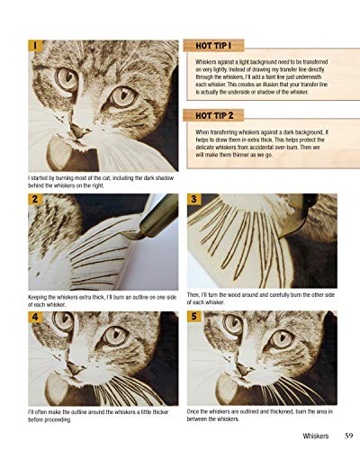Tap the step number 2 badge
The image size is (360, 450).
coord(34,199)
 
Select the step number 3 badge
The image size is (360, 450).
coord(195,199)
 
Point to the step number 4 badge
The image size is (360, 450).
coord(34,317)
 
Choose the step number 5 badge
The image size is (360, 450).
coord(195,317)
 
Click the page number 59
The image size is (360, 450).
coord(337,437)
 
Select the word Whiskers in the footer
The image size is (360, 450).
coord(301,437)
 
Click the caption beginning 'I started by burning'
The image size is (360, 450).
coord(99,184)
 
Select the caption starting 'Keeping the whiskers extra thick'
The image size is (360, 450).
coord(99,300)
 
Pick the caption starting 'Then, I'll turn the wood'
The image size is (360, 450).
coord(261,300)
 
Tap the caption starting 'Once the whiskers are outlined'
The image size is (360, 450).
coord(261,415)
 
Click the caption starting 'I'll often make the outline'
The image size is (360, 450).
coord(99,415)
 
